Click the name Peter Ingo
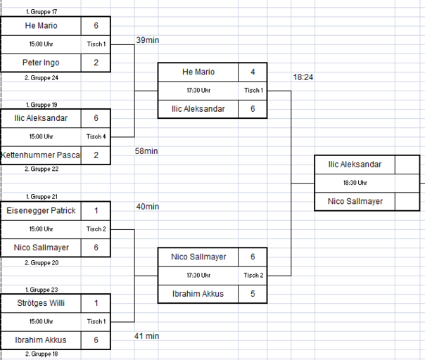41,63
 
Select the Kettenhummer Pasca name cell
41,155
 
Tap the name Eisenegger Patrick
41,210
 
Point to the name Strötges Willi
41,303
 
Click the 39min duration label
148,40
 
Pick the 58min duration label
146,151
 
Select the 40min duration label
148,207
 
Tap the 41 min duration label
146,336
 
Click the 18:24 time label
303,77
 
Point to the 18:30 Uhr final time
355,183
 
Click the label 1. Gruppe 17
42,12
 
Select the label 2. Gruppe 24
42,78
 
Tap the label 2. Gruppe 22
42,169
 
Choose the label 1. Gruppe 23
42,290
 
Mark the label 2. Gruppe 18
42,354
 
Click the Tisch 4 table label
96,136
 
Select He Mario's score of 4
253,72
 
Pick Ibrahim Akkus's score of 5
253,294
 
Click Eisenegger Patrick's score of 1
96,210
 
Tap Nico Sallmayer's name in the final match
355,201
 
